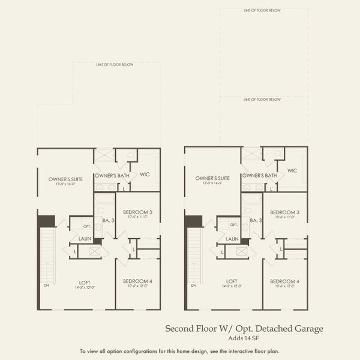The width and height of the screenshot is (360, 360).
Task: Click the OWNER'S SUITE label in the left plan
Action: pos(65,178)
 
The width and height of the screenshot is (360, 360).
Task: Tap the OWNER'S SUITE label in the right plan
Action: pos(212,178)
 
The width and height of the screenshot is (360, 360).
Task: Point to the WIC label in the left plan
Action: pos(144,175)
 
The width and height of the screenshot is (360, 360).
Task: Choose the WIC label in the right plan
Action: pos(292,170)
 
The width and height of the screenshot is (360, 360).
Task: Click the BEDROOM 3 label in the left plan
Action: pos(137,212)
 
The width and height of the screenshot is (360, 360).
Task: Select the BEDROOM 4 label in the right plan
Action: pos(285,281)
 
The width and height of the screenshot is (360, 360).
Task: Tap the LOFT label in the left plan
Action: pos(85,281)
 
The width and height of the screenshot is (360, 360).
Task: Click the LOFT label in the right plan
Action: pos(232,281)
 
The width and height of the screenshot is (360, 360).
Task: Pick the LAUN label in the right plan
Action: pos(232,239)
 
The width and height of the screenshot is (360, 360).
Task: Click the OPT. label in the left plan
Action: pos(87,226)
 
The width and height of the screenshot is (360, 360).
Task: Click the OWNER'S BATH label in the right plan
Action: pos(259,176)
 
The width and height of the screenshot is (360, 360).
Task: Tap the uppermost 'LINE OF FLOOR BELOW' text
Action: pos(263,10)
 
